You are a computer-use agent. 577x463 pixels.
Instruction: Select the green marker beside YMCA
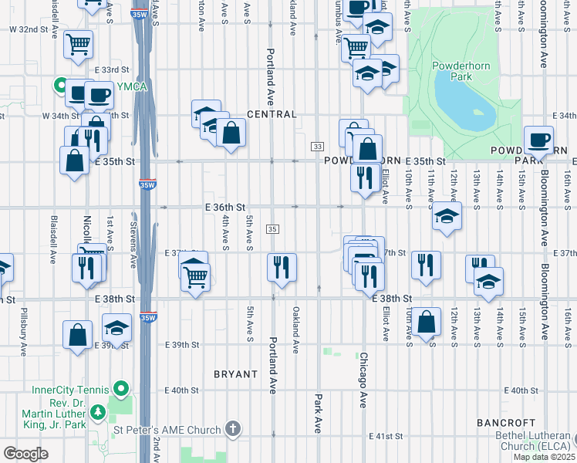(60, 86)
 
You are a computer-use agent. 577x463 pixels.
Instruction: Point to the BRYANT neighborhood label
(235, 374)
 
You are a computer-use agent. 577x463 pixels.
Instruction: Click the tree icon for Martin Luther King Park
(98, 414)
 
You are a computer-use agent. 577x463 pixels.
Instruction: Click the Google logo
(25, 454)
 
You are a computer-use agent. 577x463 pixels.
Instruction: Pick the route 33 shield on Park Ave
(317, 146)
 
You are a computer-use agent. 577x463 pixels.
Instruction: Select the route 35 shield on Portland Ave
(272, 229)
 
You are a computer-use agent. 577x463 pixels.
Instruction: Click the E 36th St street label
(224, 208)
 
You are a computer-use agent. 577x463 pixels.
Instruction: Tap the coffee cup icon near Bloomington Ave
(538, 140)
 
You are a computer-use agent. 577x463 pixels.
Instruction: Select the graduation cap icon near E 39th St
(116, 326)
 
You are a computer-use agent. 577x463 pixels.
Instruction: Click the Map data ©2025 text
(543, 457)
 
